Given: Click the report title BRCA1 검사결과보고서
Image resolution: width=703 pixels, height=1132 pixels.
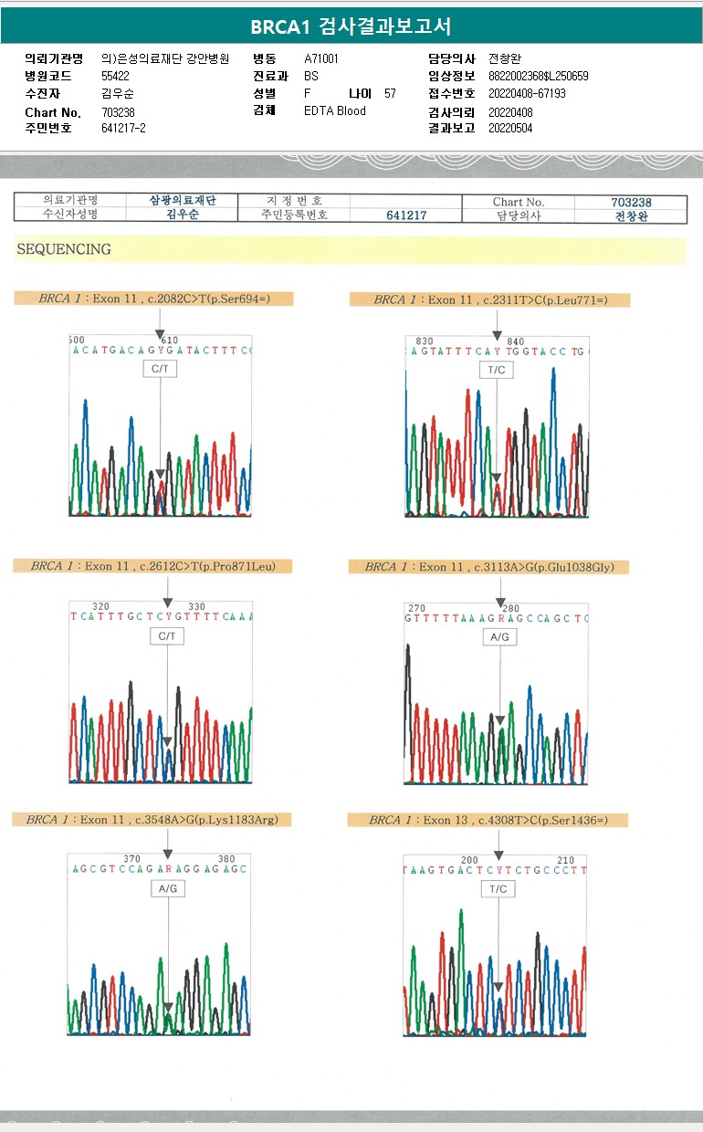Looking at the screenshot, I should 351,26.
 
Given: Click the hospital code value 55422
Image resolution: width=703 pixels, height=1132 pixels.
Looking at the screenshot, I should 115,76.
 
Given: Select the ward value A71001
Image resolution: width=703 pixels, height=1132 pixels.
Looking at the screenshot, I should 321,58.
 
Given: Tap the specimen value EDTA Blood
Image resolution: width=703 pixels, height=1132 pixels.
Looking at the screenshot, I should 334,110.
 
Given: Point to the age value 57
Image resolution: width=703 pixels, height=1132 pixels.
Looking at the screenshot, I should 390,93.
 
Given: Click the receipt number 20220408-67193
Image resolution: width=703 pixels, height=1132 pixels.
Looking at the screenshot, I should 527,93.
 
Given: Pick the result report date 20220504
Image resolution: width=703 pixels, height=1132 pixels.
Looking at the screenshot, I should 510,128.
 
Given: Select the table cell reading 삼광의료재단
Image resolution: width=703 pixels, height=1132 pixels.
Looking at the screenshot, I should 183,201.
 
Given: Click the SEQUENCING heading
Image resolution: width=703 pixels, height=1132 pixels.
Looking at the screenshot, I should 63,249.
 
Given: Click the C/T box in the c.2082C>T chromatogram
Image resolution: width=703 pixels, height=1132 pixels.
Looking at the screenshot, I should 160,368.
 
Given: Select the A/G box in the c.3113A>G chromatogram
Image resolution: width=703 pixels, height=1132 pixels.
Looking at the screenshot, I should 499,636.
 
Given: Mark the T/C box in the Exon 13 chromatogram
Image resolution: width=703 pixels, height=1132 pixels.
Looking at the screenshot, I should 498,888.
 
